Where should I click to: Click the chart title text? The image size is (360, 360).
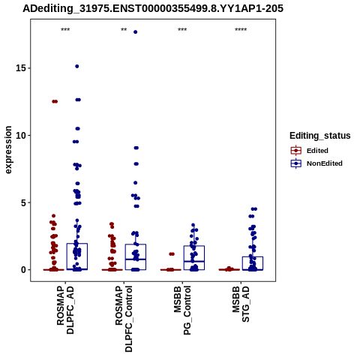coord(153,8)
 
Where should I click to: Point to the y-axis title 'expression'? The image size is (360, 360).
coord(8,150)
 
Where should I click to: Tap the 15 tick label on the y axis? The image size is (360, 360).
coord(21,68)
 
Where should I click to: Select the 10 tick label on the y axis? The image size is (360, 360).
coord(21,135)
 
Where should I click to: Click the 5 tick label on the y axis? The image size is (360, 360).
coord(24,202)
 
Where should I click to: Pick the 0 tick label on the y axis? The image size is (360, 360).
coord(24,270)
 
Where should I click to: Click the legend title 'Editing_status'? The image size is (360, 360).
coord(320,136)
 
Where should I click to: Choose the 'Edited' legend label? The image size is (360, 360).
coord(317,151)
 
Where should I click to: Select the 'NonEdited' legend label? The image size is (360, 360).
coord(325,163)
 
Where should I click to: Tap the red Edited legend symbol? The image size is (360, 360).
coord(296,151)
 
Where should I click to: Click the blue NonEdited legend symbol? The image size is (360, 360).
coord(296,163)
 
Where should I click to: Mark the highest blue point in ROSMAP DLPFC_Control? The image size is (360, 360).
coord(136,32)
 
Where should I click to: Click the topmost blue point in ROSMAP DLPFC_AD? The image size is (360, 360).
coord(77,66)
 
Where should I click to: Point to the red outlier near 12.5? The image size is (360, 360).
coord(55,101)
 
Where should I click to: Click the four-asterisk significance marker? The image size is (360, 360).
coord(241,30)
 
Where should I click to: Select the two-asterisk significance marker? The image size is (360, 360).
coord(124,30)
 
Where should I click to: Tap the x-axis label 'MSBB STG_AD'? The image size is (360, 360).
coord(241,304)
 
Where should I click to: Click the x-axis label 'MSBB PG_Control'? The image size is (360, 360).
coord(182,310)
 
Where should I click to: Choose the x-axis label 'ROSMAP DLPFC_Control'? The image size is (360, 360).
coord(124,319)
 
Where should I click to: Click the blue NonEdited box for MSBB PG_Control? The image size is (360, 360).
coord(194,258)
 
